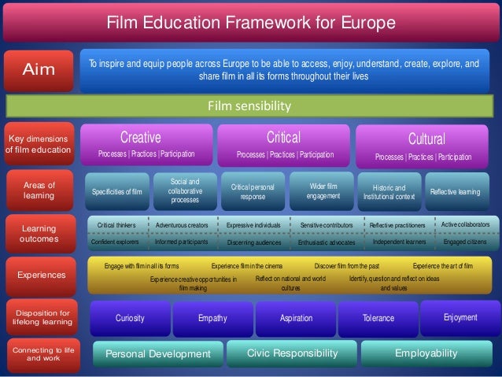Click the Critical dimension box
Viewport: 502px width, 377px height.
(x=284, y=144)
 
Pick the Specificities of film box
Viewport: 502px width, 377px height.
(x=116, y=190)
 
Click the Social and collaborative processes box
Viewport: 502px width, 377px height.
(x=184, y=190)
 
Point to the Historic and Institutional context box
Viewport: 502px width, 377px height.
(x=386, y=191)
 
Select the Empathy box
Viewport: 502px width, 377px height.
(x=212, y=319)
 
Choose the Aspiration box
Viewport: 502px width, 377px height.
(x=296, y=319)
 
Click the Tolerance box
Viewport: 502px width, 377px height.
(x=378, y=319)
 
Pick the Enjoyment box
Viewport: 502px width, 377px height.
(x=460, y=317)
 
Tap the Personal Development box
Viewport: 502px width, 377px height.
(x=158, y=354)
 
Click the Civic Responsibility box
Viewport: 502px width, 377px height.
(x=292, y=354)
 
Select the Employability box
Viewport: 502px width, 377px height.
(x=425, y=354)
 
